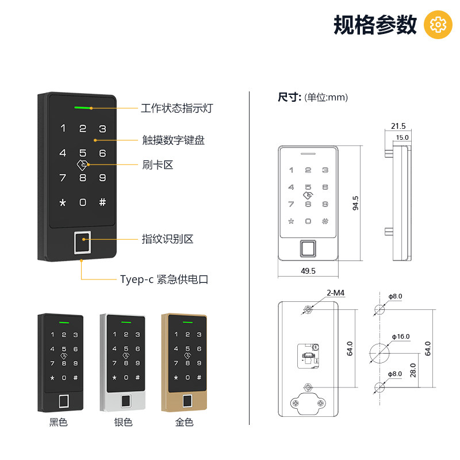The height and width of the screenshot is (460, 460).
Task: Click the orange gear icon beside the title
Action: coord(438,25)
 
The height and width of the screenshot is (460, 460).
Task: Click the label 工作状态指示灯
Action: coord(177,108)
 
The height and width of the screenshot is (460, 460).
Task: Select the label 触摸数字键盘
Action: coord(174,140)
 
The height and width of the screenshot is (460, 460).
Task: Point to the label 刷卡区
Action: coord(158,164)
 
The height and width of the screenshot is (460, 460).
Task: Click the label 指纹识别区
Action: coord(167,239)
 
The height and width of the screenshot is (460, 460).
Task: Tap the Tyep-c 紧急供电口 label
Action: coord(164,279)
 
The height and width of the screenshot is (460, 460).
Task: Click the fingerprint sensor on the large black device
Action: coord(82,243)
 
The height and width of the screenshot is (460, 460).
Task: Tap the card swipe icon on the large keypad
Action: coord(82,165)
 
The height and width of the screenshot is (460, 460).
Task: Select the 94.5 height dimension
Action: coord(355,203)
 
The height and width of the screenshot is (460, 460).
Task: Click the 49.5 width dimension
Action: coord(308,271)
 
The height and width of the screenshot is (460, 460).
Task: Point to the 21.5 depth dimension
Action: coord(398,126)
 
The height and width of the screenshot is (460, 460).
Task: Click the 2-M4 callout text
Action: coord(336,293)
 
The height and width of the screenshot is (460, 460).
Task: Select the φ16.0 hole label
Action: coord(401,336)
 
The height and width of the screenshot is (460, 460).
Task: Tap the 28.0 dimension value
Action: coord(413,370)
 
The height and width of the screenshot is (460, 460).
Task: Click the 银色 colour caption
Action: coord(123,422)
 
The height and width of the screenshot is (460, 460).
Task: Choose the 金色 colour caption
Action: coord(184,422)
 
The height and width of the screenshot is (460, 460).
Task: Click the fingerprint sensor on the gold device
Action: coord(188,401)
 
